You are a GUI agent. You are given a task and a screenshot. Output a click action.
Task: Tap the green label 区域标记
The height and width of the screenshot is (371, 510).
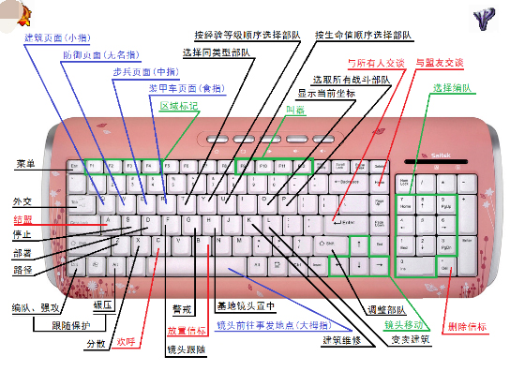point(178,106)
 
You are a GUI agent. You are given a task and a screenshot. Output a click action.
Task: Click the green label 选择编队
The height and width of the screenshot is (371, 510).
point(450,88)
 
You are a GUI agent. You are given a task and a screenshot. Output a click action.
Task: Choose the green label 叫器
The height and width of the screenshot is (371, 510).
point(294,110)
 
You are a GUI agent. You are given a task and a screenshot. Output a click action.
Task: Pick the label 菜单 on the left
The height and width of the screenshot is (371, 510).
point(25,164)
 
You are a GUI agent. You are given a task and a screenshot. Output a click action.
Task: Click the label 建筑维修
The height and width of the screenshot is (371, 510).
point(344,338)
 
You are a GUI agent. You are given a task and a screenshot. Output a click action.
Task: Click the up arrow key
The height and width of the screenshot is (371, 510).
point(357,245)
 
